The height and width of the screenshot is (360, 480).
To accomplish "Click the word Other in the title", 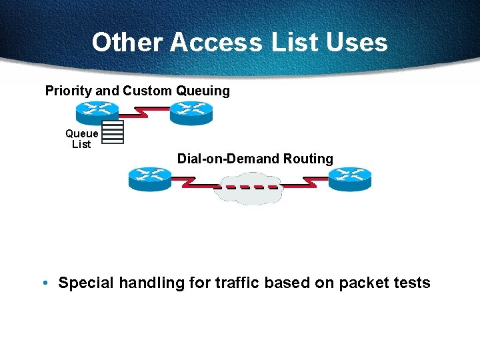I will click(127, 43).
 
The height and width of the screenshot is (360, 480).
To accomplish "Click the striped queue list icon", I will click(113, 132).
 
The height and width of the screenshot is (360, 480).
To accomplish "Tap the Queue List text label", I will click(81, 139).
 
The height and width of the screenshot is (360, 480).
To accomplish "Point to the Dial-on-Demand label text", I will click(228, 159).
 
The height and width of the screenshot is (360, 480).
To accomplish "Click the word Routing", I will click(308, 159).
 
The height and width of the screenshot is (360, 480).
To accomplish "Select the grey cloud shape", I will click(247, 188).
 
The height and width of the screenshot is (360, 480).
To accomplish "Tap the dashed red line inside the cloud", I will click(247, 187).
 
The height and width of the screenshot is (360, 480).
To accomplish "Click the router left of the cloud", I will click(149, 179).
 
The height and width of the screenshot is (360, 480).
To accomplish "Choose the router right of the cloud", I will click(349, 179).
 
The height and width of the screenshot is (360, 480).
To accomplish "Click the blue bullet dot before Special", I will click(43, 283).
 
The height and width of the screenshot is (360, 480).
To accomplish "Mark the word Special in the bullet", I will click(87, 283).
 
